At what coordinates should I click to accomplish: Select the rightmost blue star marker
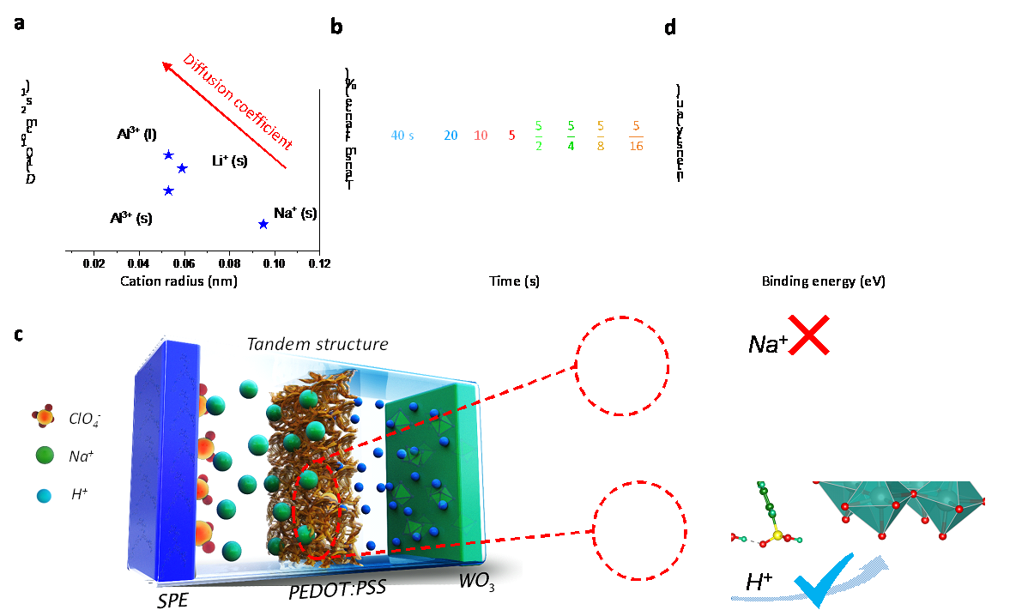point(263,225)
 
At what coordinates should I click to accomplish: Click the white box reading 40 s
point(402,136)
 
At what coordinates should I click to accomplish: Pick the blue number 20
point(451,136)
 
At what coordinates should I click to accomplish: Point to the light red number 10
point(481,136)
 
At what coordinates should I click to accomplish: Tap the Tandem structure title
point(317,344)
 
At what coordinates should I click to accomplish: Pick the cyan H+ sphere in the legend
point(45,495)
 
